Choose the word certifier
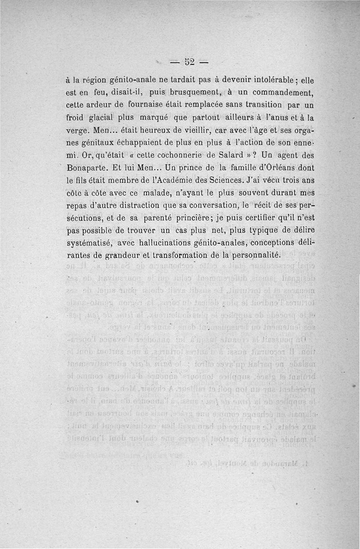point(253,219)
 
